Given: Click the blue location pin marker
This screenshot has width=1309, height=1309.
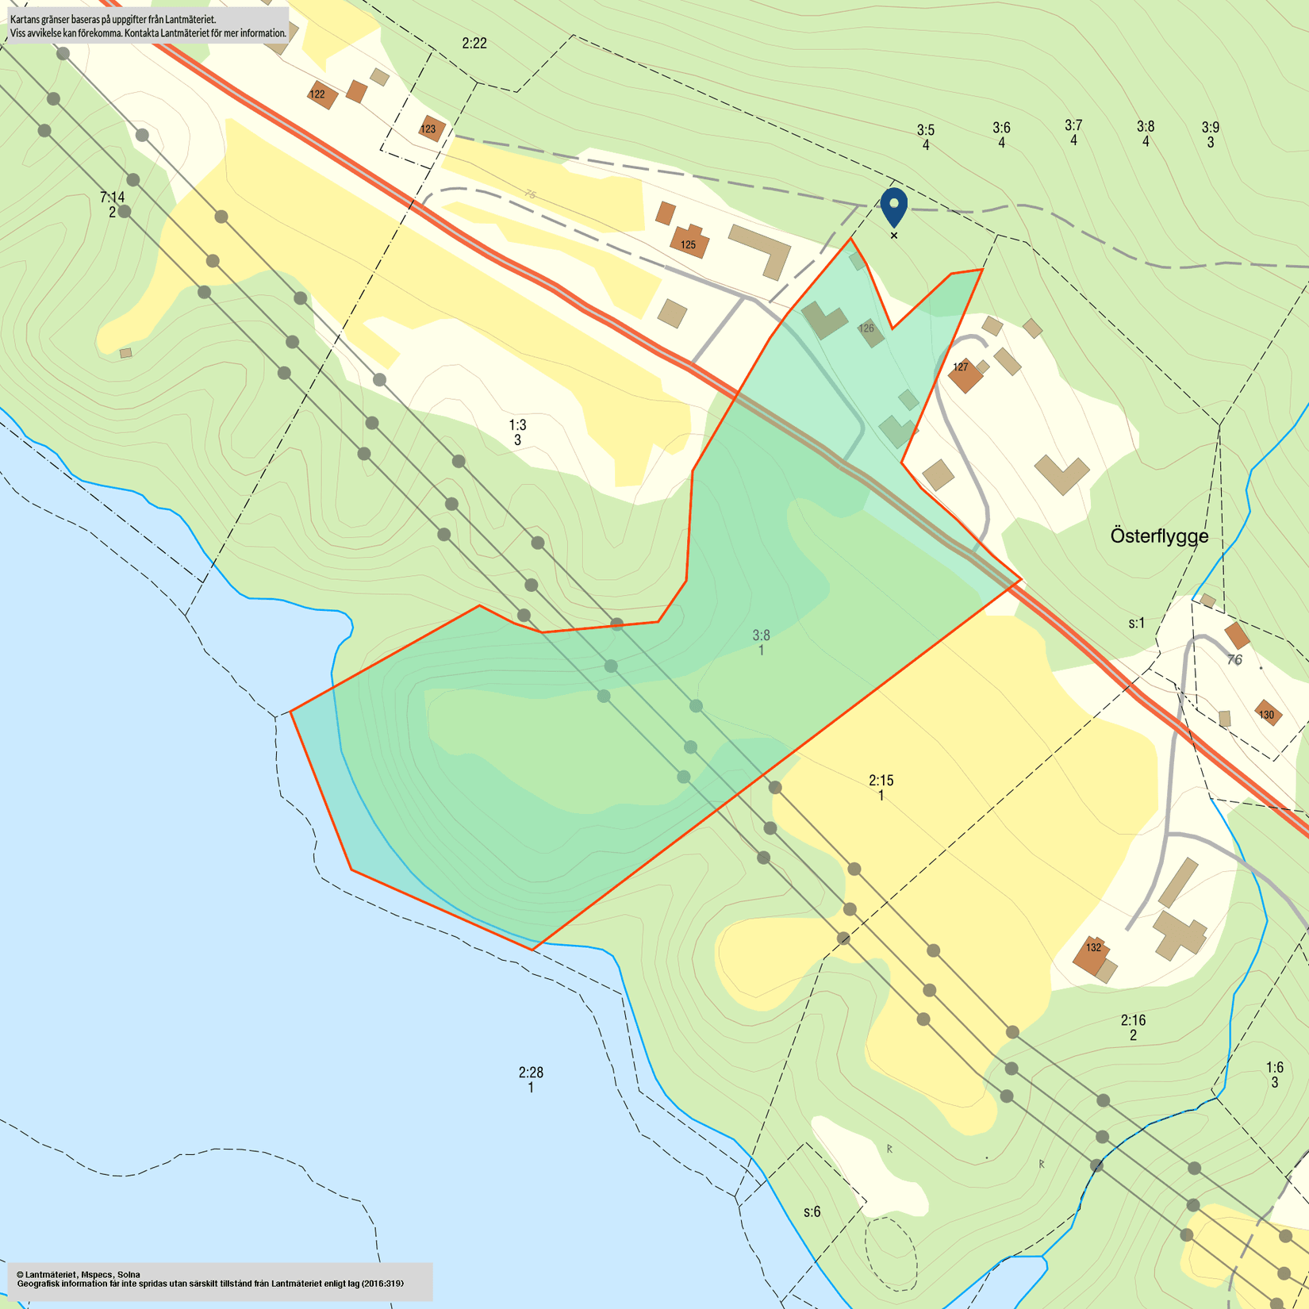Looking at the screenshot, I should click(894, 205).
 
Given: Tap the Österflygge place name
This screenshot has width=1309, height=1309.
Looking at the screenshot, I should click(1159, 536).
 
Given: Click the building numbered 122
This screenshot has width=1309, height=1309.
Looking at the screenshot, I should click(321, 94).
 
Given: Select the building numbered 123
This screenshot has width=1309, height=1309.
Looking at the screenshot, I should click(431, 129).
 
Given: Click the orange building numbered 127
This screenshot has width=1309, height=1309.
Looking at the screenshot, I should click(965, 374).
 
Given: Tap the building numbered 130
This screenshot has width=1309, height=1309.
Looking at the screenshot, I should click(1268, 712).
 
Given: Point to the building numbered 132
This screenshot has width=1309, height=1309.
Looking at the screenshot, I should click(1091, 954).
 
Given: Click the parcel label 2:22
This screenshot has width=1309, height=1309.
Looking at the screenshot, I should click(474, 44).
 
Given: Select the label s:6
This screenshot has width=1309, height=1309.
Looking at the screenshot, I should click(812, 1211).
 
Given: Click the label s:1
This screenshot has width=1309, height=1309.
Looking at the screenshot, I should click(1137, 623).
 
